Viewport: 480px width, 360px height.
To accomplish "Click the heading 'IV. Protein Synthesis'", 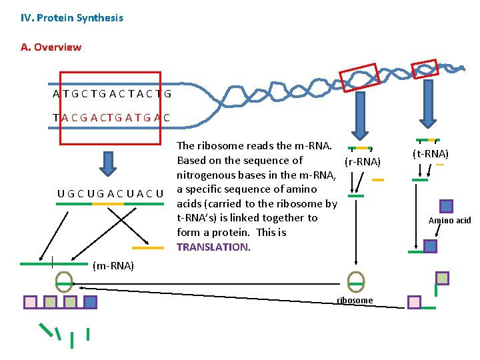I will tap(72, 18).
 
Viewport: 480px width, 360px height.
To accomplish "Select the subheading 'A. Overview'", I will tap(51, 47).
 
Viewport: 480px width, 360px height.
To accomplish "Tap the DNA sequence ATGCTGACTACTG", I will tap(112, 94).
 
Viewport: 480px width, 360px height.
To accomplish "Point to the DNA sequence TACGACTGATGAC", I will tap(111, 118).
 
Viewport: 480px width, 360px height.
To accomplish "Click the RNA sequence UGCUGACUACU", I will tap(110, 194).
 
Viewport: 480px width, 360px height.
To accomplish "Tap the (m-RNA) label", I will tap(113, 266).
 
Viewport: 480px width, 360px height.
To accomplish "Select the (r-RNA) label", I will tap(362, 162).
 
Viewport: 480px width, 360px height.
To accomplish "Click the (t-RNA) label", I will tap(431, 153).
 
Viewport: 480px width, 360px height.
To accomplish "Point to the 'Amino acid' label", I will tap(449, 221).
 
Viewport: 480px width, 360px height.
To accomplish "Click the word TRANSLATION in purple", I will tap(212, 247).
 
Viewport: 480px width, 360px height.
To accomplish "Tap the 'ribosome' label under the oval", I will tap(355, 301).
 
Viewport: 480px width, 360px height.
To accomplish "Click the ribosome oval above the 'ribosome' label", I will tap(356, 281).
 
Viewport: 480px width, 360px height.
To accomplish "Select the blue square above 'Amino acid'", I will tap(447, 206).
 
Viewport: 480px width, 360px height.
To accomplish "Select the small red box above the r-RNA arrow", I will tap(359, 77).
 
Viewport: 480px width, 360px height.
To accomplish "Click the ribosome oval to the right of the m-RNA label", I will tap(64, 281).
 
